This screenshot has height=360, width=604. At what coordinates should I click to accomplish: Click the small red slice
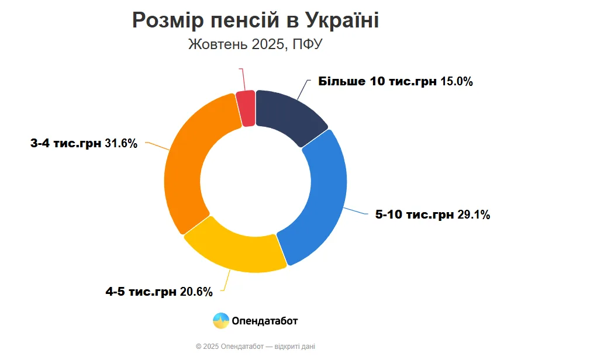click(247, 108)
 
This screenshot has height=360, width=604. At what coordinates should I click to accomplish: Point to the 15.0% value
click(457, 82)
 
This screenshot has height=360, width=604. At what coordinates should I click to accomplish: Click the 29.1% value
click(474, 215)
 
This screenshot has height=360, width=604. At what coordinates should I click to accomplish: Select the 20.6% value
click(196, 292)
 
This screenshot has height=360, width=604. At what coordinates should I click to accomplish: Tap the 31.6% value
click(121, 143)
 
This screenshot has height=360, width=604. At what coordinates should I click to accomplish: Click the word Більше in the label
click(341, 82)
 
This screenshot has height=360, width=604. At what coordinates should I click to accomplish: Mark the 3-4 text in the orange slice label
click(41, 143)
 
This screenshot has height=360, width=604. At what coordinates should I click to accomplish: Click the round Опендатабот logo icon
click(221, 321)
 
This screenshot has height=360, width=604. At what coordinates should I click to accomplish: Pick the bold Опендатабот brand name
click(265, 321)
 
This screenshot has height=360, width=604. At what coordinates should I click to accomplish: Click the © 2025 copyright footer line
click(256, 347)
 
